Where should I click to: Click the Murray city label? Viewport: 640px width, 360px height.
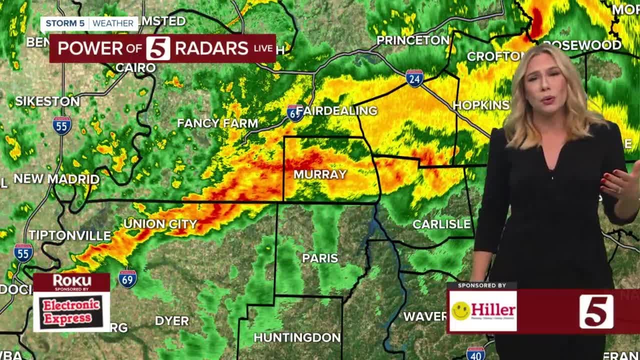[x=320, y=174]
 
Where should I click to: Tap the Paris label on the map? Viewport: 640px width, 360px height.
[x=320, y=258]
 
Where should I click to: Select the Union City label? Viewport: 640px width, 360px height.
[x=160, y=224]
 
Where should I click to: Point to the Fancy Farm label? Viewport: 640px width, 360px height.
[x=217, y=123]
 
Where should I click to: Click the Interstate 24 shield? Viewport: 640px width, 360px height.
[x=414, y=78]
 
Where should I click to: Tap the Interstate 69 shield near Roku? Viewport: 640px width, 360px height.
[x=127, y=279]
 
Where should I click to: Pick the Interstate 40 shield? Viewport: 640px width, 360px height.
[x=475, y=353]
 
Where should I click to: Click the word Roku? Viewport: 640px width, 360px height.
[x=72, y=280]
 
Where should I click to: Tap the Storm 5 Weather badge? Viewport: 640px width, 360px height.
[x=90, y=23]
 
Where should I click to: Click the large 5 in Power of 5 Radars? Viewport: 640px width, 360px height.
[x=158, y=48]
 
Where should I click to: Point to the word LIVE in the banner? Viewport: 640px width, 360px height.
[x=263, y=48]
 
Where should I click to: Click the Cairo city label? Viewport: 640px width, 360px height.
[x=135, y=67]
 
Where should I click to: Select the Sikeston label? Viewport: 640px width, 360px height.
[x=47, y=101]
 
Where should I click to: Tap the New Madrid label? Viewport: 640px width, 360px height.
[x=56, y=178]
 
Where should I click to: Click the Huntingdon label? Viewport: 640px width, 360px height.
[x=297, y=337]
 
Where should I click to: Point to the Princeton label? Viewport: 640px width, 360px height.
[x=412, y=40]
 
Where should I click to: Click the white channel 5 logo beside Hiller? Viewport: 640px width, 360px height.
[x=596, y=311]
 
